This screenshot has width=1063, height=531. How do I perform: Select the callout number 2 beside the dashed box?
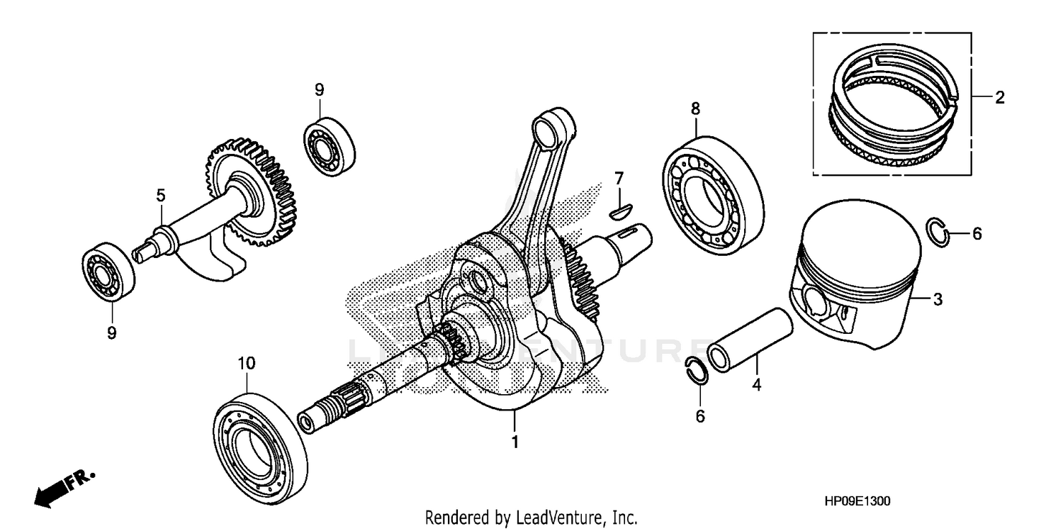(999, 98)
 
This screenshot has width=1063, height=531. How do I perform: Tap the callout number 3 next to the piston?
(937, 300)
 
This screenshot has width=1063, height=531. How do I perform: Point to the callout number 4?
(756, 385)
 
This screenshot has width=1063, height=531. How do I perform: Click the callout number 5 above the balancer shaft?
(161, 194)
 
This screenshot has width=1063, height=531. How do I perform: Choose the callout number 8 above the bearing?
(695, 108)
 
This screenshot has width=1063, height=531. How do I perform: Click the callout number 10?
(245, 363)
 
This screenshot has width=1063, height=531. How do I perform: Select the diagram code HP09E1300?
(857, 501)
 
